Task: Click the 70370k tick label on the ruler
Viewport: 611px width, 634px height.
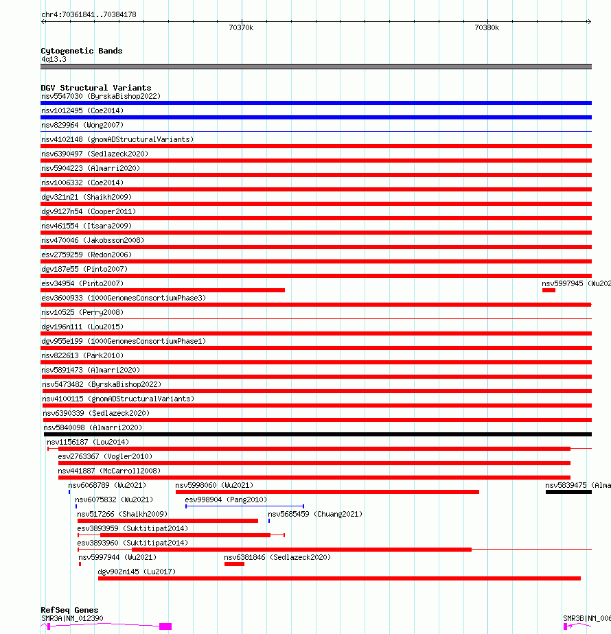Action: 241,27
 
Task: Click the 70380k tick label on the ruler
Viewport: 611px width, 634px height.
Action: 487,27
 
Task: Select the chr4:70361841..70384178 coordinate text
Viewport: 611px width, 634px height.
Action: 89,14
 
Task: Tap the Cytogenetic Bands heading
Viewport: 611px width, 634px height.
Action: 81,51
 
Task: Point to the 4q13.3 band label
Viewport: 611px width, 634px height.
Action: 54,59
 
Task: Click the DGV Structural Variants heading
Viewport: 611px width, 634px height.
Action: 95,88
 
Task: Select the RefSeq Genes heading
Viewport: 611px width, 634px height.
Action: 69,610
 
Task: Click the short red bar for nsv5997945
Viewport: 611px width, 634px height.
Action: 549,290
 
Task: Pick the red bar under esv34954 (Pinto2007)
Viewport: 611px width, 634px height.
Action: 163,290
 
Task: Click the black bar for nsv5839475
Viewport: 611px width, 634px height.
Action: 568,492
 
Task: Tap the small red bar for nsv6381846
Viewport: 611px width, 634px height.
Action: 234,564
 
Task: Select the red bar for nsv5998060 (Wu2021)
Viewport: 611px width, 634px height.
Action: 327,492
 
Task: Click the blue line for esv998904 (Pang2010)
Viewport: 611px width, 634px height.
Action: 244,506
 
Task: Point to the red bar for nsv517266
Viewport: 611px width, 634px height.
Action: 168,521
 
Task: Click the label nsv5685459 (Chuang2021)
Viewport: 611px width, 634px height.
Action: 314,514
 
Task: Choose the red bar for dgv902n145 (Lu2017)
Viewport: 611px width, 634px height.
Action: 339,578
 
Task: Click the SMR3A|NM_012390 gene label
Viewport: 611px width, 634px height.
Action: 72,618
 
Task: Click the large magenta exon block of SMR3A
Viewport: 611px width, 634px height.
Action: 165,626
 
